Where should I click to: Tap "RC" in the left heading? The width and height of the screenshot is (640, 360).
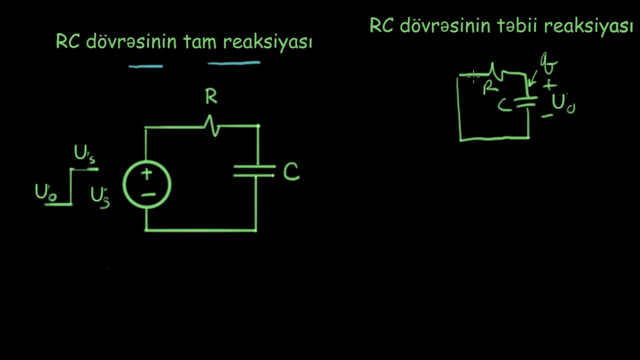pos(68,42)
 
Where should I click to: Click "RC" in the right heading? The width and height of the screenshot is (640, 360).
pos(381,25)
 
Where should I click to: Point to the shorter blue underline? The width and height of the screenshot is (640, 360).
pos(145,65)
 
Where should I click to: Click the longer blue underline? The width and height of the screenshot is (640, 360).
pos(234,63)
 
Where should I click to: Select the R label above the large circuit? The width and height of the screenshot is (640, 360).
pos(211,97)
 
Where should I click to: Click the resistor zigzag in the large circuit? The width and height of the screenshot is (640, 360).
pos(212,126)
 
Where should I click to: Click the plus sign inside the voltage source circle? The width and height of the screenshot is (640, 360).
pos(147,174)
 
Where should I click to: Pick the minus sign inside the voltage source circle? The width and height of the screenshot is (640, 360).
pos(147,194)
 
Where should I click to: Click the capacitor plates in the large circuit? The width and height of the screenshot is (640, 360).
pos(254,170)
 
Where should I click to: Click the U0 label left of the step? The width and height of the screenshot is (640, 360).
pos(45,192)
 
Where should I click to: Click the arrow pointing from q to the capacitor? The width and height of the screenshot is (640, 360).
pos(533,77)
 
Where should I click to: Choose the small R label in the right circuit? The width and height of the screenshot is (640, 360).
pos(490,89)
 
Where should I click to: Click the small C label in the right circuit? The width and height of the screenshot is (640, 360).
pos(505,104)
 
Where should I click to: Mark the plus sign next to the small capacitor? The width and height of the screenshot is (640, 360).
pos(549,85)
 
